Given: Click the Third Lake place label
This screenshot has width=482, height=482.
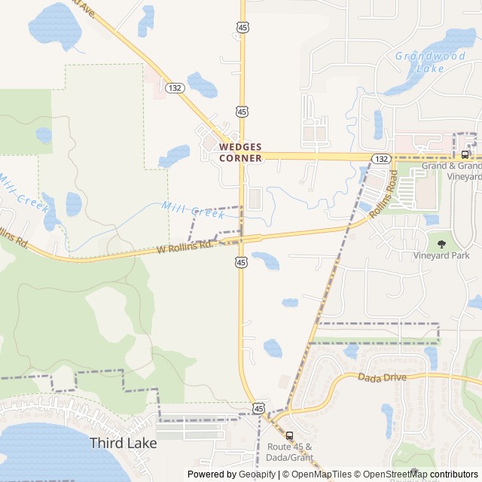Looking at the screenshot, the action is pos(124,443).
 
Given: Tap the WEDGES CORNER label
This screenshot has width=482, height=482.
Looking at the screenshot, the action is pos(240,152).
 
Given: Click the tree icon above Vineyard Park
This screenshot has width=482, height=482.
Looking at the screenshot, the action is pos(441,243).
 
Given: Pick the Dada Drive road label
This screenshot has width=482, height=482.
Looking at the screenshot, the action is pos(382,377).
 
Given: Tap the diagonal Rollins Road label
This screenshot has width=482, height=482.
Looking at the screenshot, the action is pos(383,194).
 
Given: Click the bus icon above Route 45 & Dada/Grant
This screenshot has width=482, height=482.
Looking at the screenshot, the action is pos(290,435).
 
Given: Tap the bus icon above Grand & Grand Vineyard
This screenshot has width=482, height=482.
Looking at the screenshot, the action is pos(465,154).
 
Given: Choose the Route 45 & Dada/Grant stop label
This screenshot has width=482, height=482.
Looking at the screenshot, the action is pos(289,452).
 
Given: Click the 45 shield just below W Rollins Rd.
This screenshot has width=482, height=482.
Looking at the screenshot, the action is pos(240,261).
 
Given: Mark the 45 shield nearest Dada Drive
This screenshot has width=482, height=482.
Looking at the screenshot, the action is pos(259,407).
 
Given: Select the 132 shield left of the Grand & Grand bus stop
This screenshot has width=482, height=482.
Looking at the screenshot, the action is pos(381,159).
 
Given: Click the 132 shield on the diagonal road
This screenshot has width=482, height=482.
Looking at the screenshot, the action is pos(172,88).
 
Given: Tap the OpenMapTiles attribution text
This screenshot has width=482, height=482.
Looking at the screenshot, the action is pos(321,474).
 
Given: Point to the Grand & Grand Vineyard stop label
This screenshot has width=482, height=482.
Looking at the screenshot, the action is pos(451,170).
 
